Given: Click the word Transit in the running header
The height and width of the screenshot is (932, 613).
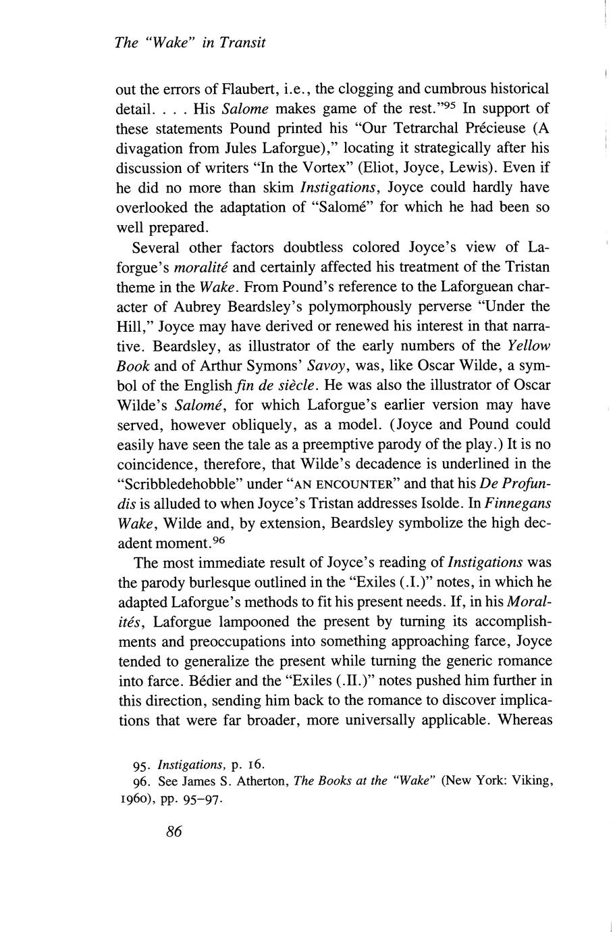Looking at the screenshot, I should tap(244, 43).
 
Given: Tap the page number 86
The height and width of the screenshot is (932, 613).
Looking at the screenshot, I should tap(174, 832).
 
